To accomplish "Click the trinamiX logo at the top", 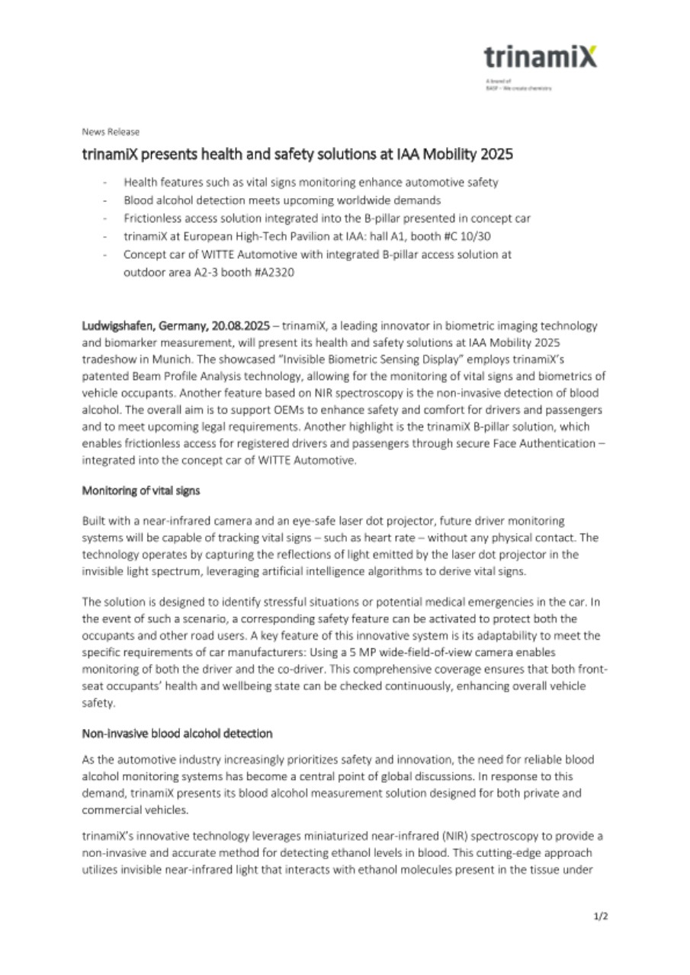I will (x=540, y=57).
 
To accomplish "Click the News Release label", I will (x=111, y=132).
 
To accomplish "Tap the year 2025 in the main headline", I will (x=495, y=155).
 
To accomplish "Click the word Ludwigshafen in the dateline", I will (x=118, y=325).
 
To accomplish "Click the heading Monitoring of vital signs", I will (x=140, y=491).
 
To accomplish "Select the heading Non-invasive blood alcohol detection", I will (x=176, y=733).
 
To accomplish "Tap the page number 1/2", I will (x=601, y=916).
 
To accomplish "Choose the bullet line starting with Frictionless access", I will (x=326, y=218).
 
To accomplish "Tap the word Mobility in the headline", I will (x=451, y=155).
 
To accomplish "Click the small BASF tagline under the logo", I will (x=518, y=88).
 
